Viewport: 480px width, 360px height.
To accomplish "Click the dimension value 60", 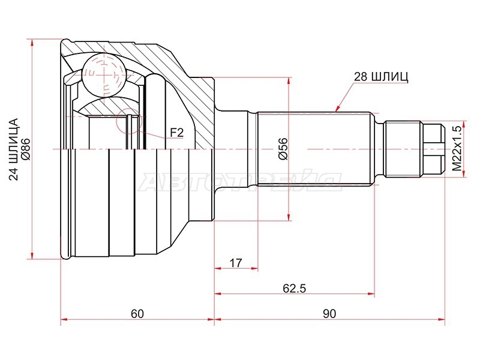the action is [137, 313].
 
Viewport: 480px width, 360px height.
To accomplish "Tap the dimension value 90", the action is [329, 313].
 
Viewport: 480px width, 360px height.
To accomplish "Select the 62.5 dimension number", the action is [294, 288].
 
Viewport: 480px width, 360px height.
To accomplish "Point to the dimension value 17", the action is [236, 263].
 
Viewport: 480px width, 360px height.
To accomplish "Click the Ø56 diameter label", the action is [283, 149].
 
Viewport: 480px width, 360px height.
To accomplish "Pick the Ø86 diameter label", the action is [25, 149].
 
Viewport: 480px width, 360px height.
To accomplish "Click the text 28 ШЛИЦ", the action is [381, 77].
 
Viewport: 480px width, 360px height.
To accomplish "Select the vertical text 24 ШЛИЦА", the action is [14, 149].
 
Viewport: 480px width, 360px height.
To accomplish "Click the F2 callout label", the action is [176, 133].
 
